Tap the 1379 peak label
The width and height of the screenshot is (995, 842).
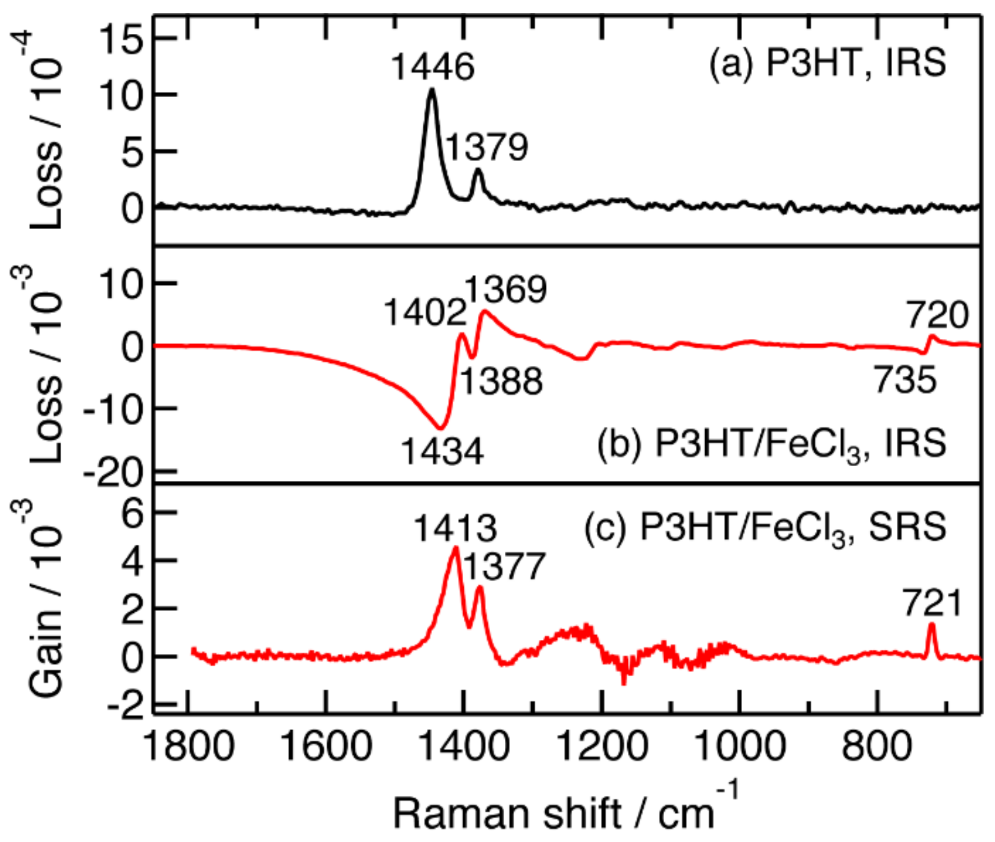[487, 147]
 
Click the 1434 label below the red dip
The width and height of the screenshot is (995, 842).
[442, 451]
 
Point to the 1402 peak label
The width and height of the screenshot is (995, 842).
[424, 313]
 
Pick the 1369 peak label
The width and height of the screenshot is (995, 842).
[505, 289]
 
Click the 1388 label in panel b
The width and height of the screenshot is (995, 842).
[501, 381]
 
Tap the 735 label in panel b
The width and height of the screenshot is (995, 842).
[905, 379]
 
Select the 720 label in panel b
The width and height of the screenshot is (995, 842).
[937, 315]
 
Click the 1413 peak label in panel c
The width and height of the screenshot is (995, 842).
[455, 528]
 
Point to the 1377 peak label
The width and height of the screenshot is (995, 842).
[503, 566]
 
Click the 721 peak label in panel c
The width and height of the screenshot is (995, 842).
[933, 603]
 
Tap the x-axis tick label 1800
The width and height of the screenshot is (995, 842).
[190, 747]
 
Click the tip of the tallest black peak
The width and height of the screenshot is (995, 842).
[432, 90]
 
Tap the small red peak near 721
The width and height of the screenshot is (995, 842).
[931, 625]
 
